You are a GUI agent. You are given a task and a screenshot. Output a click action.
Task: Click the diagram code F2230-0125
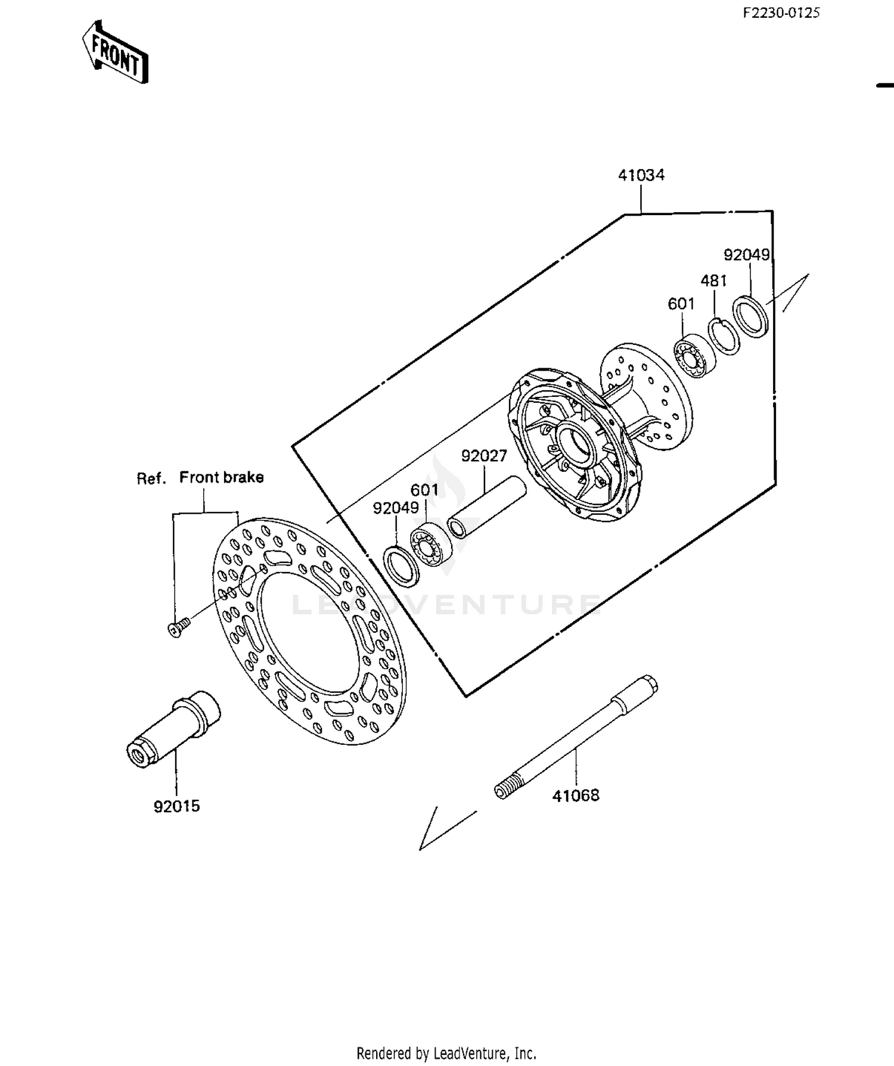pos(781,13)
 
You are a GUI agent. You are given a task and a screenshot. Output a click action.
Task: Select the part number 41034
pos(641,175)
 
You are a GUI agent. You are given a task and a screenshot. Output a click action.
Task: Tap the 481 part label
pos(713,281)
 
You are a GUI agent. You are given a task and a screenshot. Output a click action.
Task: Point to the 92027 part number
pos(484,456)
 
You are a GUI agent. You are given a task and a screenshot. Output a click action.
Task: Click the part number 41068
pos(576,795)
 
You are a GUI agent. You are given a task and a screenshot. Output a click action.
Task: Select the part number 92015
pos(177,806)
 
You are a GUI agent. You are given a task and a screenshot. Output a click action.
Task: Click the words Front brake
pos(221,477)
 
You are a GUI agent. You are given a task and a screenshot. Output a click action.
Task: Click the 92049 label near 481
pos(747,255)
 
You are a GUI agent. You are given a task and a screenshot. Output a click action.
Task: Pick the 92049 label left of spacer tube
pos(396,508)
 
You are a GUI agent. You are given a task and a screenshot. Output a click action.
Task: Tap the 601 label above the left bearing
pos(424,490)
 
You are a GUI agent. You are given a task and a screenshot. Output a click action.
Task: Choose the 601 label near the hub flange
pos(681,304)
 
